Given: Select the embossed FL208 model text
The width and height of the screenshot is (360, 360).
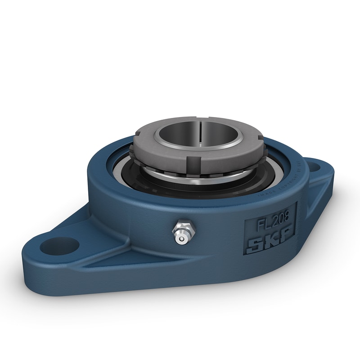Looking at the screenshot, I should coord(270,223).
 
